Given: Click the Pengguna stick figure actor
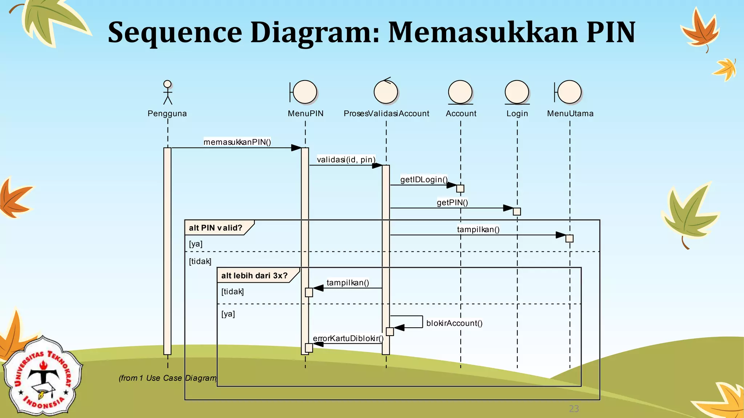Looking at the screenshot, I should [x=167, y=93].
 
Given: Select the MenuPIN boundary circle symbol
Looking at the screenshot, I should [x=305, y=92].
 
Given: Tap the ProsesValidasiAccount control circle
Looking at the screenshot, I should [x=386, y=92].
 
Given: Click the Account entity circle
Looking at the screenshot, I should [x=460, y=92].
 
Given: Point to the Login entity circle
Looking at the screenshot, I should [x=517, y=92].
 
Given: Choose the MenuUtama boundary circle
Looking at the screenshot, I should [x=569, y=92].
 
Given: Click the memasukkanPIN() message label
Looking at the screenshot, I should [x=237, y=142].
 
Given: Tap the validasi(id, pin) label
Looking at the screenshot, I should [x=346, y=160].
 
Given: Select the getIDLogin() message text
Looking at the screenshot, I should [x=424, y=180].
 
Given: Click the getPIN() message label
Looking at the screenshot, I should [x=452, y=202].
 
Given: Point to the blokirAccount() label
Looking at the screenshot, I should [x=454, y=323].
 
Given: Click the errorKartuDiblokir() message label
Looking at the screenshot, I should [x=348, y=339].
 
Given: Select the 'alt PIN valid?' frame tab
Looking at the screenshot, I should [x=216, y=228].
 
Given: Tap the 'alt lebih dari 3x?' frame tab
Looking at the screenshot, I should [x=255, y=275].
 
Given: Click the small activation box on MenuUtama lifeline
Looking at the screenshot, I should [x=569, y=238].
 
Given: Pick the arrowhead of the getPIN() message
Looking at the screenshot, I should [x=508, y=208].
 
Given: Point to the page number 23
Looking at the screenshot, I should [x=574, y=409].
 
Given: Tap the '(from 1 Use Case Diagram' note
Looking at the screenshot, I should [x=167, y=378].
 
